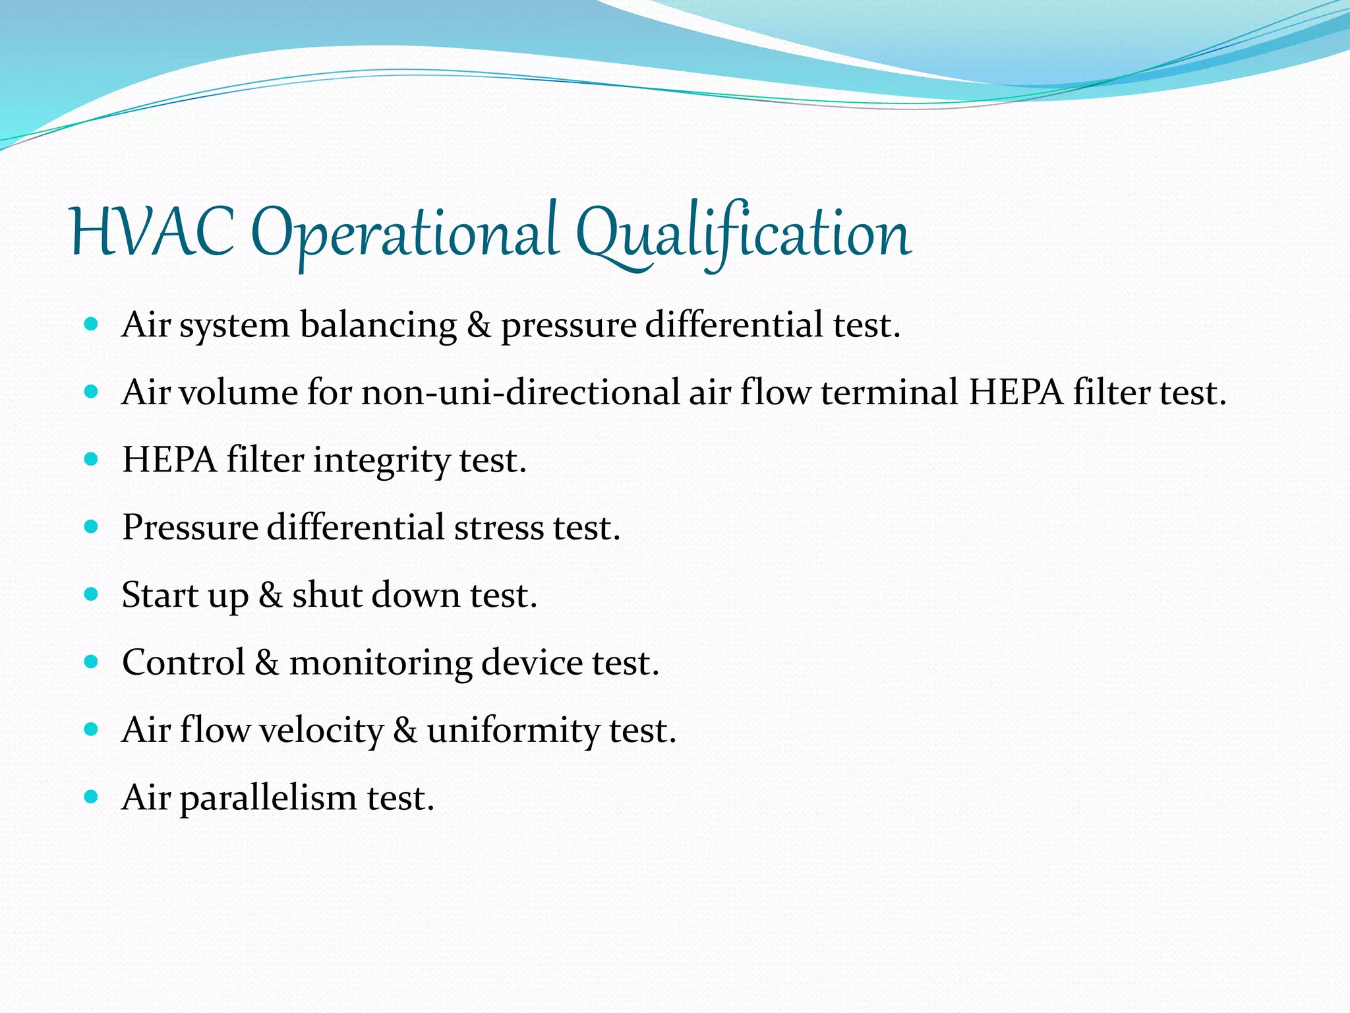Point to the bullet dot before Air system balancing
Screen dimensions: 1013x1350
pyautogui.click(x=92, y=324)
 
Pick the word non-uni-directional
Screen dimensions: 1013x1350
pyautogui.click(x=520, y=392)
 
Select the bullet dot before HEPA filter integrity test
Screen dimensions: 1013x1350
pyautogui.click(x=92, y=459)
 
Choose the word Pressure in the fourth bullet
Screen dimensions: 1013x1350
pyautogui.click(x=190, y=528)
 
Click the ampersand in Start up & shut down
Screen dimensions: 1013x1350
pyautogui.click(x=270, y=596)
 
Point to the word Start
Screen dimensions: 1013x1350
pyautogui.click(x=160, y=596)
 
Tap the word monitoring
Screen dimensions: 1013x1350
pyautogui.click(x=380, y=663)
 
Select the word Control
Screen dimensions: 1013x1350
pyautogui.click(x=183, y=663)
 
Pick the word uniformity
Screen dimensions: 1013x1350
pyautogui.click(x=513, y=731)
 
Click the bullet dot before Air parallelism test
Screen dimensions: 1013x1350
pyautogui.click(x=92, y=797)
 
